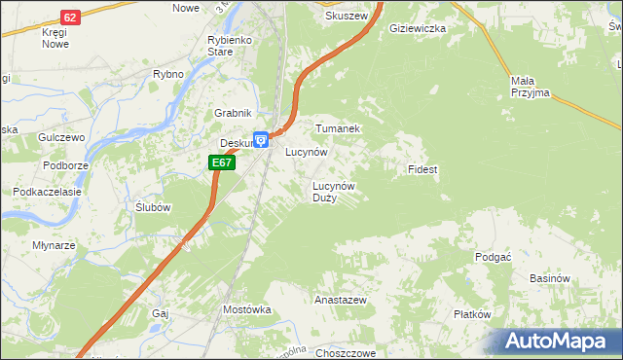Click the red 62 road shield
point(69,18)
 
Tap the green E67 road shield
point(222,162)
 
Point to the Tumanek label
point(338,128)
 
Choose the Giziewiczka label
point(417,29)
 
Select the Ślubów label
point(154,207)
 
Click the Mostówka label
point(246,309)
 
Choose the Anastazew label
point(340,301)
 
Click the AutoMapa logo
point(560,341)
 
